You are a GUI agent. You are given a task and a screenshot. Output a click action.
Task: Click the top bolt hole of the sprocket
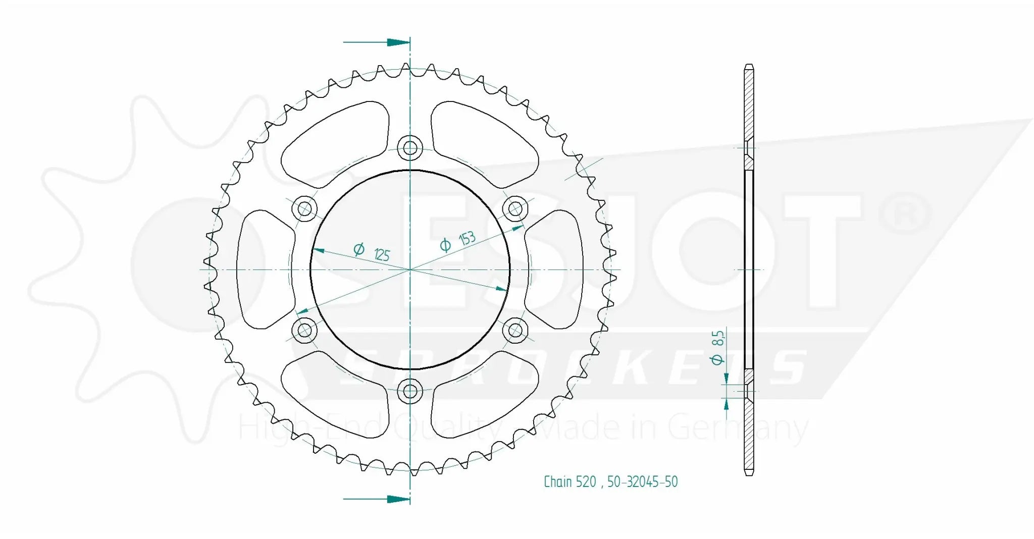(x=409, y=148)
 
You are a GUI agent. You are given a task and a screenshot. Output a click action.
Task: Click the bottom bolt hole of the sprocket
(x=409, y=391)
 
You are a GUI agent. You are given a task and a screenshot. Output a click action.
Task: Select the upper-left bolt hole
(x=304, y=208)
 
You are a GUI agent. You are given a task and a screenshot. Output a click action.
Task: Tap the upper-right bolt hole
(x=515, y=208)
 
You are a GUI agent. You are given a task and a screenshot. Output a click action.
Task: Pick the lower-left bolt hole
(x=304, y=331)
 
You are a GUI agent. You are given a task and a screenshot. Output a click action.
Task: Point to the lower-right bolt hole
(x=515, y=331)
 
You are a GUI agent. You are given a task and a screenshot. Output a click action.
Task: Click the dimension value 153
(x=467, y=238)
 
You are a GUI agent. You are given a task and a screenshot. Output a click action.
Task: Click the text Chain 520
(x=570, y=482)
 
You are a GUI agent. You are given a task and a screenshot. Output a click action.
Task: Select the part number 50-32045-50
(x=642, y=482)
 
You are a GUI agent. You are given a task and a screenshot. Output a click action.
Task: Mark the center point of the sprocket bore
(x=409, y=269)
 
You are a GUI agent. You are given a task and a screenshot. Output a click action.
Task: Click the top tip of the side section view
(x=749, y=66)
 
